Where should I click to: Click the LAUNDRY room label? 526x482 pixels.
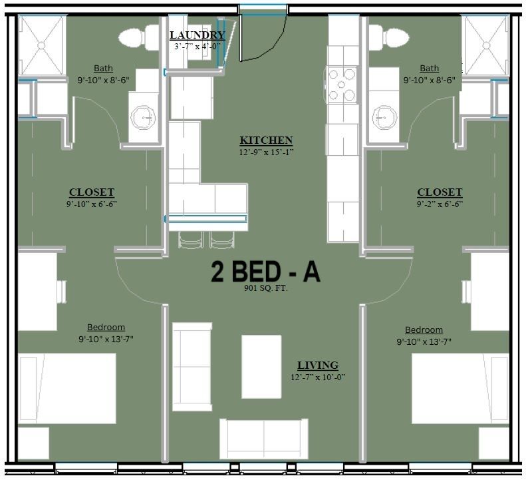(x=197, y=35)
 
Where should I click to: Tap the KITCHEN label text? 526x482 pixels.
(x=266, y=140)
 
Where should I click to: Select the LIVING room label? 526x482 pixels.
(x=318, y=365)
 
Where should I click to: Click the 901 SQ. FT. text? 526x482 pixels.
(x=266, y=288)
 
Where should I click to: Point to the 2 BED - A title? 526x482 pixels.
(x=265, y=272)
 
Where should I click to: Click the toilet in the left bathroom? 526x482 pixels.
(x=138, y=37)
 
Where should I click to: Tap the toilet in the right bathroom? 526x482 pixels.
(x=389, y=37)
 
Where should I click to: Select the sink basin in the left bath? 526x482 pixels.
(x=143, y=118)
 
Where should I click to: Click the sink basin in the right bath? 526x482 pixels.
(x=384, y=118)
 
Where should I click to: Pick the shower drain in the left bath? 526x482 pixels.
(x=41, y=45)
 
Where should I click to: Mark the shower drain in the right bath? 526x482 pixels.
(x=486, y=45)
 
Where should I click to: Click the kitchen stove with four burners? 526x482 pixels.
(x=341, y=85)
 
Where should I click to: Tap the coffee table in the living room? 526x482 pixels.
(x=261, y=366)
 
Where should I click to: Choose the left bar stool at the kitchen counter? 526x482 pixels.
(x=191, y=240)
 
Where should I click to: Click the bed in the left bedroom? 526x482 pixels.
(x=67, y=388)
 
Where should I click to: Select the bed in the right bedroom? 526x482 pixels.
(x=460, y=388)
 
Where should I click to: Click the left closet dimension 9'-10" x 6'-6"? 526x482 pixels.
(x=92, y=204)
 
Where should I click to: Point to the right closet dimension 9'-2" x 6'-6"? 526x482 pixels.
(x=440, y=204)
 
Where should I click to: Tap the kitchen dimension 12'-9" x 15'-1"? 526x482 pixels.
(x=266, y=152)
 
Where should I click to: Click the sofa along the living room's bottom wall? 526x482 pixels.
(x=264, y=439)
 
